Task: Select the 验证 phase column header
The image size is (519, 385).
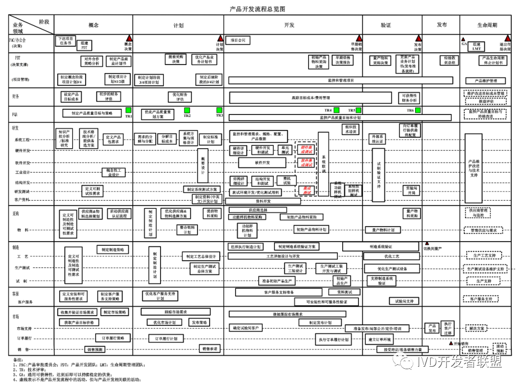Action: (x=385, y=25)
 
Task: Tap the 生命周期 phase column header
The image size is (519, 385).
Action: (x=487, y=25)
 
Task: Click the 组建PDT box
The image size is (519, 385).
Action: (x=84, y=46)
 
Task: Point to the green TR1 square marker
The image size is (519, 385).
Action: (x=128, y=110)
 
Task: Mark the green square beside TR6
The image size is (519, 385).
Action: (x=418, y=110)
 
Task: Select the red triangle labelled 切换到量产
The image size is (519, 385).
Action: (x=424, y=244)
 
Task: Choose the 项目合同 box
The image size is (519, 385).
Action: (x=238, y=40)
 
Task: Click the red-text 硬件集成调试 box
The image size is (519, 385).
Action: (x=306, y=149)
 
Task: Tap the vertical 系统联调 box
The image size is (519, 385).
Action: (x=323, y=164)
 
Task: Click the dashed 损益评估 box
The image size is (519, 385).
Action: (x=486, y=102)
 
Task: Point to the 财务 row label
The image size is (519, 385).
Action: (x=16, y=96)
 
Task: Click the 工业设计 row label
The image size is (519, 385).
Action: (x=23, y=172)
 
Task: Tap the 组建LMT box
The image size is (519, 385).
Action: (x=476, y=46)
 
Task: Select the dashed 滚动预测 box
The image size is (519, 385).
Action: (x=500, y=348)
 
